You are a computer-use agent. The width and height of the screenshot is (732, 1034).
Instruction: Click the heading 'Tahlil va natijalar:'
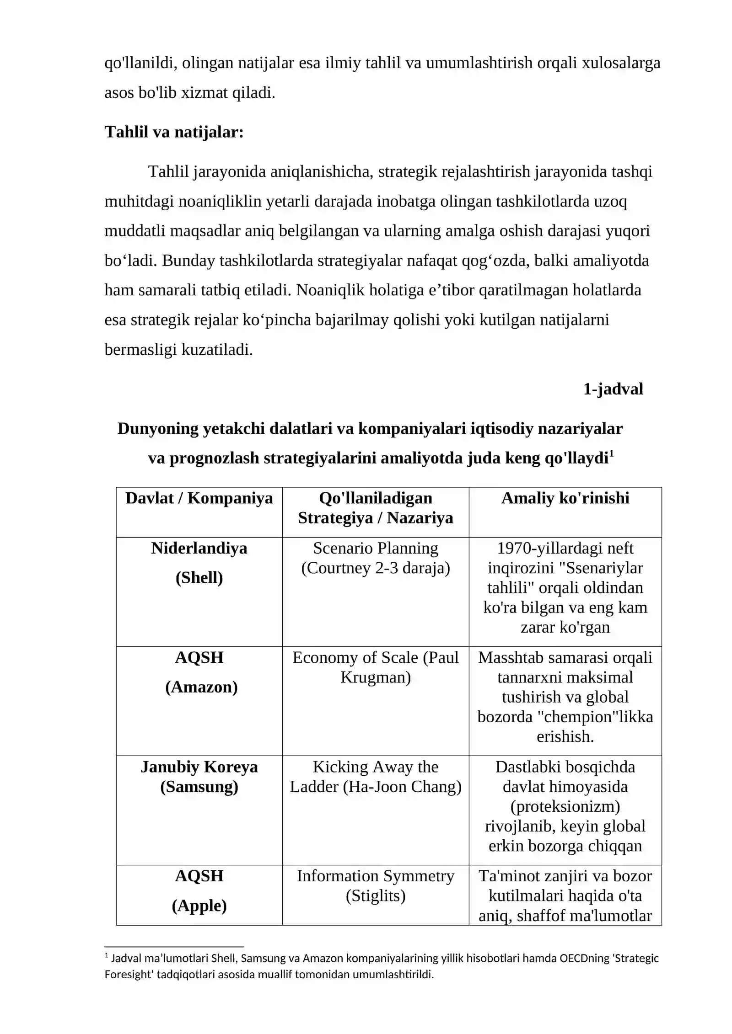pos(174,132)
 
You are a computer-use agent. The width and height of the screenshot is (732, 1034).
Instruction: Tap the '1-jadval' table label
pos(613,389)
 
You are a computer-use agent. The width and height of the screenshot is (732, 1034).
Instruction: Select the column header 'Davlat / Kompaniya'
pos(199,498)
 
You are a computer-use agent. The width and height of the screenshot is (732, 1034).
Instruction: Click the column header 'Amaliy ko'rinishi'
pos(565,498)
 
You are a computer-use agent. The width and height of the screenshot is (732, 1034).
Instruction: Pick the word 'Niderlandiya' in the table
pos(199,548)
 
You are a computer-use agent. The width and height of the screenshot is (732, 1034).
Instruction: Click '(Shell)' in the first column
pos(199,577)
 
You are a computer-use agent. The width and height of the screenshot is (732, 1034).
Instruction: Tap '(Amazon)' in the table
pos(201,687)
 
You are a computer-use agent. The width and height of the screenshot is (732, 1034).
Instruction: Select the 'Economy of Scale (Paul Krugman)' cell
pos(375,667)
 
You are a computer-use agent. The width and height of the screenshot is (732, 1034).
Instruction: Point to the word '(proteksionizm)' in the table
pos(565,806)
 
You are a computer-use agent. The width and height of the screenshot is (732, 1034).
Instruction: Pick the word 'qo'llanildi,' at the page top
pos(141,63)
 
